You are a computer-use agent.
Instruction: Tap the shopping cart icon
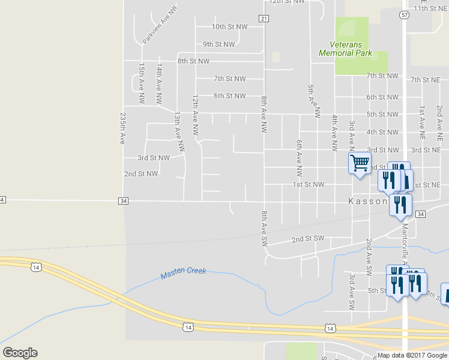coord(360,163)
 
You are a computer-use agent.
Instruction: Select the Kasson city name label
coord(368,202)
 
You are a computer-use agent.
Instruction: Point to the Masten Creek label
coord(183,273)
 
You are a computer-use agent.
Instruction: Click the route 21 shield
coord(264,19)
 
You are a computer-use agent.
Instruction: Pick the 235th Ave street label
coord(122,128)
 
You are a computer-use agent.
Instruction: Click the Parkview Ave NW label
coord(160,25)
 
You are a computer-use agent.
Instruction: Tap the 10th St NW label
coord(229,27)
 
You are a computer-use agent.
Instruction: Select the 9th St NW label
coord(220,44)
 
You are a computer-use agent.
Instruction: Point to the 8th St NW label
coord(193,61)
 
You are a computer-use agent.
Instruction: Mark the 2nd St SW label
coord(307,239)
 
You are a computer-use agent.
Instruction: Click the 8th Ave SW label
coord(264,229)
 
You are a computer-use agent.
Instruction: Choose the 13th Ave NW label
coord(178,130)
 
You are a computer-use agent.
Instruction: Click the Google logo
coord(20,353)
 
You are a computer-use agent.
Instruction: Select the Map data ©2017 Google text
coord(412,355)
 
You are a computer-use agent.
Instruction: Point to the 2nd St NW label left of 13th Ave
coord(140,174)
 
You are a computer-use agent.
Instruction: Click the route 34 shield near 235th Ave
coord(123,200)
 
